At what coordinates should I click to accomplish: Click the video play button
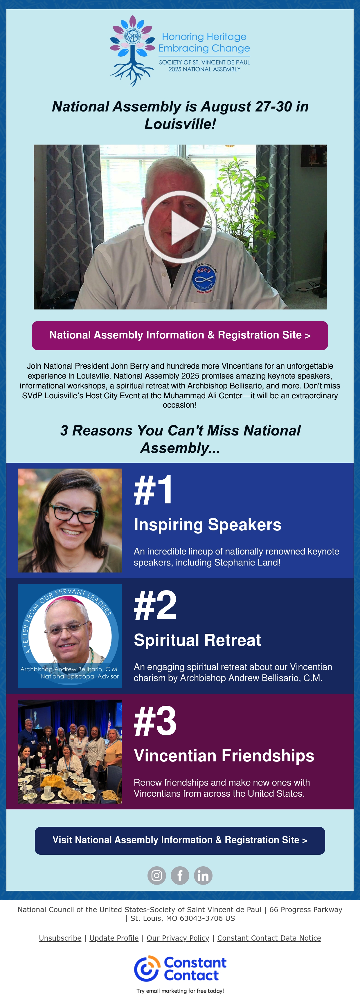pos(180,227)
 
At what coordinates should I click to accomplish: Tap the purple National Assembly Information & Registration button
pos(180,335)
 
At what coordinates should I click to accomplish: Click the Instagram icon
pos(157,876)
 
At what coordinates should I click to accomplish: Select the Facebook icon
pos(180,876)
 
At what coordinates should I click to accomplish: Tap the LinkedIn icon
pos(203,876)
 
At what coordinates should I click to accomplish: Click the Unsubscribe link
pos(60,938)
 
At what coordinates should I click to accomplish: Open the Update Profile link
pos(114,938)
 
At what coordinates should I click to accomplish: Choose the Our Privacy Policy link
pos(178,938)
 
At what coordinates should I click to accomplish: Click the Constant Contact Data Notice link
pos(269,938)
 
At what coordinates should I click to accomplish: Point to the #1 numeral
pos(153,490)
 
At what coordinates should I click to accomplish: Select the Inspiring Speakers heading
pos(208,525)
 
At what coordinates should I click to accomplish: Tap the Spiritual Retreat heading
pos(197,640)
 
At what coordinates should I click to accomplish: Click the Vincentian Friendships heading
pos(224,755)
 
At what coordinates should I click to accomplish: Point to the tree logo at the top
pos(132,51)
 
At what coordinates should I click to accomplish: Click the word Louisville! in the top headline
pos(180,124)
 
